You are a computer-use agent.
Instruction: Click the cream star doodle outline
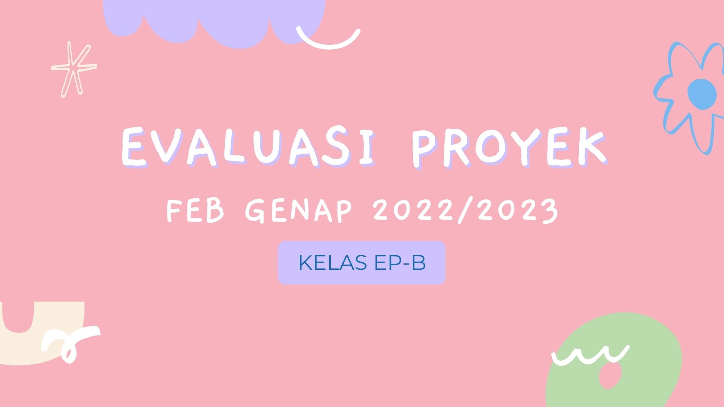coord(74,69)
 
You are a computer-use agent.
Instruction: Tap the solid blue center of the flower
coord(702,94)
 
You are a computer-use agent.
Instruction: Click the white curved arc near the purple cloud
coord(328,41)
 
